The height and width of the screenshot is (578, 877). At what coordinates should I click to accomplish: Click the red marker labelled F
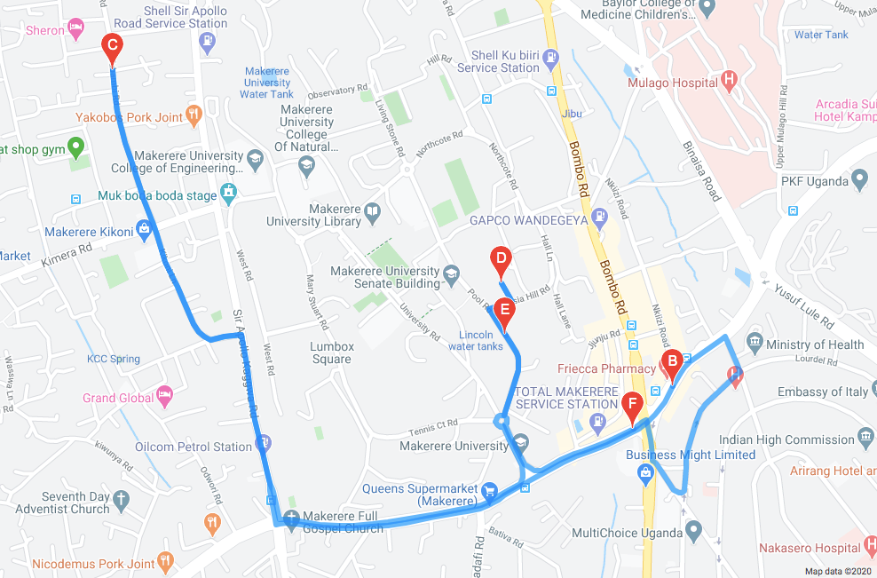632,406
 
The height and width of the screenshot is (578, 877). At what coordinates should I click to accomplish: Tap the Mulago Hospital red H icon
730,83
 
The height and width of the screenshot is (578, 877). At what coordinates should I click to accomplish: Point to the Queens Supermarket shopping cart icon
488,489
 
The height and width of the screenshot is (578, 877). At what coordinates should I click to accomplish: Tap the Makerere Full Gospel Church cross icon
292,517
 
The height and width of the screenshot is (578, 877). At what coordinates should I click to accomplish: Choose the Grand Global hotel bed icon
163,396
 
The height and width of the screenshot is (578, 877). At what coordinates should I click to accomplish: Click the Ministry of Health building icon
755,341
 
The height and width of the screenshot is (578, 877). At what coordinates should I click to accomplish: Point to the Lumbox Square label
332,352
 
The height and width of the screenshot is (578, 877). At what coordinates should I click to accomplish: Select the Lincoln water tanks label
482,340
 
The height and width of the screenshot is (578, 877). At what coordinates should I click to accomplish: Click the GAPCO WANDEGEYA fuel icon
600,216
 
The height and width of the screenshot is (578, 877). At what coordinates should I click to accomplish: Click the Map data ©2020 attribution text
839,571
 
